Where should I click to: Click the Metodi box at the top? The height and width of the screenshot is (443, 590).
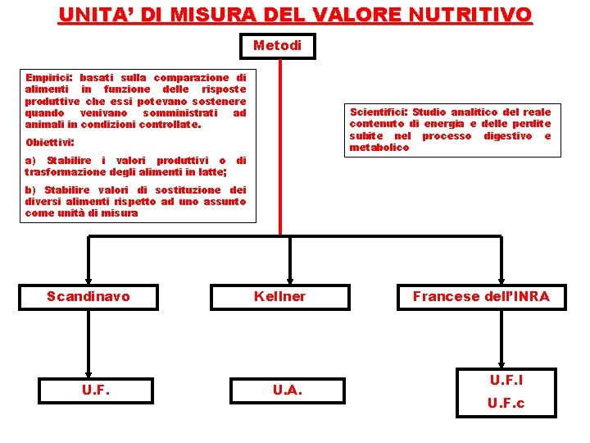tap(277, 46)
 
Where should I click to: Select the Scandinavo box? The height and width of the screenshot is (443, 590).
tap(88, 296)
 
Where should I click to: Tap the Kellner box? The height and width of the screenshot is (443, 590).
tap(279, 296)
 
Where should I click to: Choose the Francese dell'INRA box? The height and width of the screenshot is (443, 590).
tap(481, 296)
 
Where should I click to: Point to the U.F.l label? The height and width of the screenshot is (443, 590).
tap(506, 380)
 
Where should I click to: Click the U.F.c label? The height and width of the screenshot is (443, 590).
tap(506, 403)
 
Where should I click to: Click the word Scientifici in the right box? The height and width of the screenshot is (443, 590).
tap(379, 112)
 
